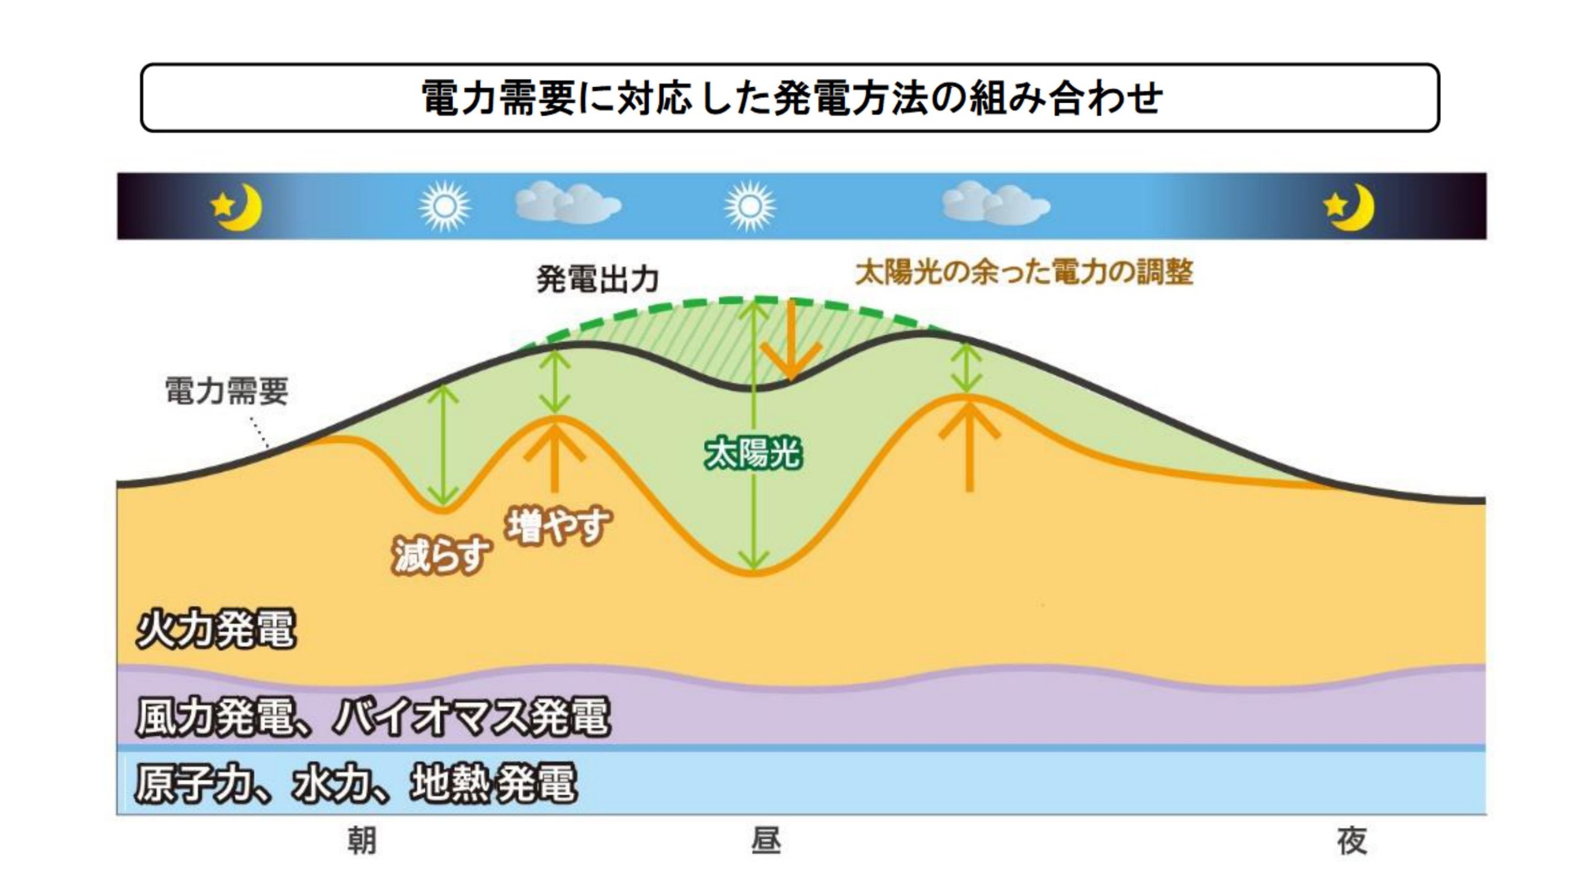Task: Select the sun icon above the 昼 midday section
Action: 749,206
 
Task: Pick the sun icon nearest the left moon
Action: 444,206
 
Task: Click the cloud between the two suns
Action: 568,203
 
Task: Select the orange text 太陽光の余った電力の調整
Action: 1024,272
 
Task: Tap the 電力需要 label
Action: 226,390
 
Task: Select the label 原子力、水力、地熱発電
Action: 356,784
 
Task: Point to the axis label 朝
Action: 361,841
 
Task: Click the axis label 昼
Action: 766,841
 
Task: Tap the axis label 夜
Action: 1352,841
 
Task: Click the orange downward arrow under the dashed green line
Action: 792,341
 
